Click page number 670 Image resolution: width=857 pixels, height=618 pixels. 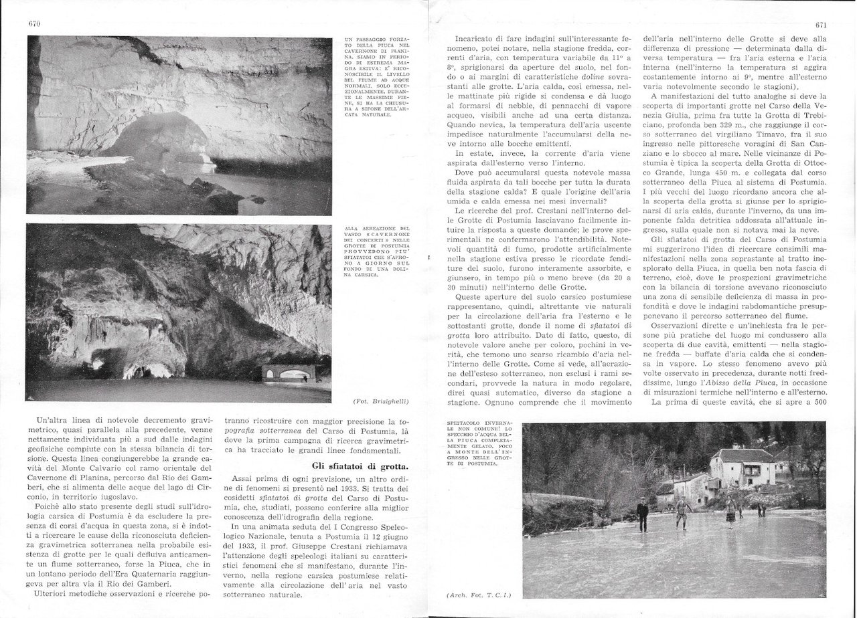point(35,24)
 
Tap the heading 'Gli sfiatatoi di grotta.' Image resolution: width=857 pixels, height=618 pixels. point(360,465)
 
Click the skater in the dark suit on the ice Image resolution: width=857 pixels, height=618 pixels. point(642,514)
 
